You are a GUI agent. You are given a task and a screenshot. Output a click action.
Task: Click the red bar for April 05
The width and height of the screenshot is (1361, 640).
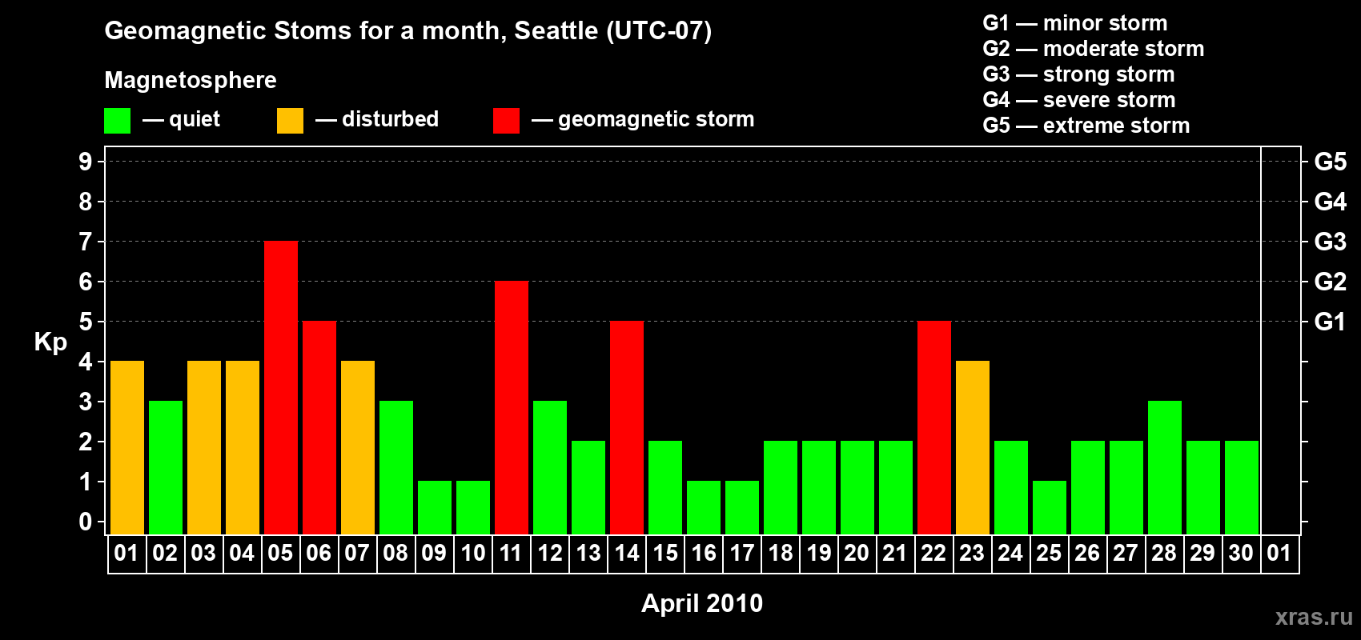281,387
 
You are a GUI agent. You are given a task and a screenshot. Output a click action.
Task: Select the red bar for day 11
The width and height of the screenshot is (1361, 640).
512,407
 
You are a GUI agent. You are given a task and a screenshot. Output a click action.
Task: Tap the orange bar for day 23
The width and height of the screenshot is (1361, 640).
973,447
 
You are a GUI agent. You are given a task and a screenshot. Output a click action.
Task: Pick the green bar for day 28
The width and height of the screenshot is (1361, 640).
1165,467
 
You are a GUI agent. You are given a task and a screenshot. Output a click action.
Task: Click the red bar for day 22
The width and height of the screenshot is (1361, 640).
934,427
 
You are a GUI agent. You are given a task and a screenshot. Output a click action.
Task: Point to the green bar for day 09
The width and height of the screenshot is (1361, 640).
435,508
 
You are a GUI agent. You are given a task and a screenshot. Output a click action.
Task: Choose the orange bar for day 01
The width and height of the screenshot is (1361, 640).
127,447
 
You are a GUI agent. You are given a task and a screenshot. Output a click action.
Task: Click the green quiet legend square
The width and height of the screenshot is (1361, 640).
117,120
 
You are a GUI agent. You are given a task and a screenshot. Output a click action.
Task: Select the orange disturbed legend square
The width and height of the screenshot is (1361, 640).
290,120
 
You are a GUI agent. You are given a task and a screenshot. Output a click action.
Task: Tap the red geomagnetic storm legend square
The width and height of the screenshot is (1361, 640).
506,120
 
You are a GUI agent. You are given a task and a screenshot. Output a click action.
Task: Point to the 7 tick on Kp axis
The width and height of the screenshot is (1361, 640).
85,242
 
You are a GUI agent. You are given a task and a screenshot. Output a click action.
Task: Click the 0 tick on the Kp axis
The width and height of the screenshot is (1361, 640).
85,522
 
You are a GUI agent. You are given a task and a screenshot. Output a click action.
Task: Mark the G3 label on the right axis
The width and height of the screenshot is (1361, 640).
1330,242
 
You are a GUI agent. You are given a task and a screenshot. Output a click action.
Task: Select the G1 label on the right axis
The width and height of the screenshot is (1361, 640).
1330,322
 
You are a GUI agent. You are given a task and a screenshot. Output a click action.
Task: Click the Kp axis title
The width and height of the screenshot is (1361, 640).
50,342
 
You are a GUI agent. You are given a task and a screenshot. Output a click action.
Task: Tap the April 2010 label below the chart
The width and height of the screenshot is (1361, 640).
702,603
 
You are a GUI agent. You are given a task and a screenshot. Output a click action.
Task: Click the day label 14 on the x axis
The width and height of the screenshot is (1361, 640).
626,553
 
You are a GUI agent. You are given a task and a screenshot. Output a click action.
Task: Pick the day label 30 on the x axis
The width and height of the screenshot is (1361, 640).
1241,553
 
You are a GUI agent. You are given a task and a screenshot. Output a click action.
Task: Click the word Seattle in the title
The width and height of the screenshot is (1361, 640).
556,30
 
